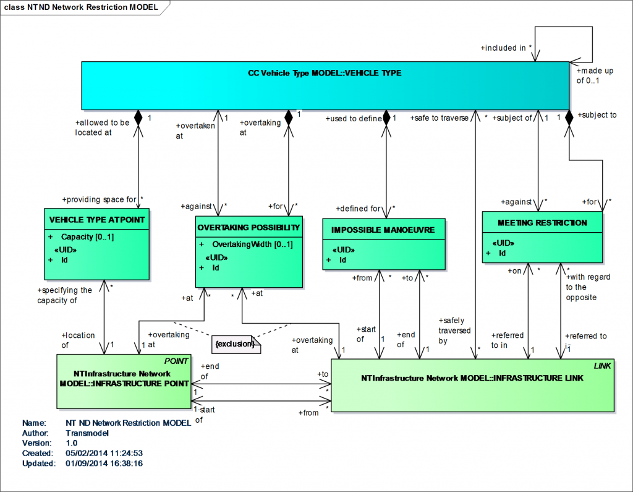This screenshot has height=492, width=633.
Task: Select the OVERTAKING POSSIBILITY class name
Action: [x=249, y=227]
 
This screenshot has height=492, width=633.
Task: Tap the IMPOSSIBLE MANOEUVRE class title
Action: [x=383, y=230]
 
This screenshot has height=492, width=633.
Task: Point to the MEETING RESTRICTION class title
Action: [x=542, y=222]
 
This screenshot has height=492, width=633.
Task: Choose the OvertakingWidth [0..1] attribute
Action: [x=252, y=244]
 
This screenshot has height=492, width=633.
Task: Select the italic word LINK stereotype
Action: [x=603, y=366]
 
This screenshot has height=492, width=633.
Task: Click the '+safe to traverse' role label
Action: [x=440, y=118]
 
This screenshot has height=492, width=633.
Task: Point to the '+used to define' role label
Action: [x=354, y=118]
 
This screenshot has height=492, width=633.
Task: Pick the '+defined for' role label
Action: [x=359, y=209]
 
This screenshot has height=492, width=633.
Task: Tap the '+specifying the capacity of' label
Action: [x=65, y=295]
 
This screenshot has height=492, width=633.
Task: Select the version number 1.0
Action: [x=72, y=443]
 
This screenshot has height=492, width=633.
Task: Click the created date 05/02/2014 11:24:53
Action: [x=104, y=453]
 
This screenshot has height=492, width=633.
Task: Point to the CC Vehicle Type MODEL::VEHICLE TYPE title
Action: [x=325, y=73]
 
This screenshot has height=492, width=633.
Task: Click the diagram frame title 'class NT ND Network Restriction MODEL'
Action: [x=80, y=7]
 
